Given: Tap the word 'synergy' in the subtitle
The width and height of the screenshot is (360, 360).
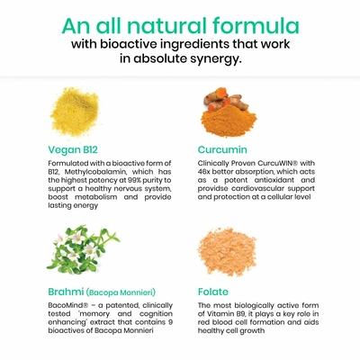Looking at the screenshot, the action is point(215,59).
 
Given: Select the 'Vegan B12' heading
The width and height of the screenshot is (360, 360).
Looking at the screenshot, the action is point(73,149).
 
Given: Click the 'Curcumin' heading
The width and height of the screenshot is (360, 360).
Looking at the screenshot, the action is point(222,149).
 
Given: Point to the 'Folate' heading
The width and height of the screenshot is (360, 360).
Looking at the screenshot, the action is point(213,292).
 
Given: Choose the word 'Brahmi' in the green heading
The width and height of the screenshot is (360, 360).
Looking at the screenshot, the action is point(66,292).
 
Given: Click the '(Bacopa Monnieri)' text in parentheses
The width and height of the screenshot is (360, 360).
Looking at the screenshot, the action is point(121,292).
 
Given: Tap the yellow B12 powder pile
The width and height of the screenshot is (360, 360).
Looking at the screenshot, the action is point(75,111).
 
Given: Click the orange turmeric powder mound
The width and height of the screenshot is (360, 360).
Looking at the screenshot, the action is point(229,120).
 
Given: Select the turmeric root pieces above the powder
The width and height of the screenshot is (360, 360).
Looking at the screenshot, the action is point(226,98).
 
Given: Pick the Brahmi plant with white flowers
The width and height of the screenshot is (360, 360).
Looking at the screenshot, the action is point(83,249).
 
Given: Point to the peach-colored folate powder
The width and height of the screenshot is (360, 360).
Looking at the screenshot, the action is point(227,252).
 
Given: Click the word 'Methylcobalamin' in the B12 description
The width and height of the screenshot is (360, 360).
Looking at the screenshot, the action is point(94,172).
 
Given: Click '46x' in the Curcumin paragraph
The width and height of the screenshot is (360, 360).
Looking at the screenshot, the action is point(204,172).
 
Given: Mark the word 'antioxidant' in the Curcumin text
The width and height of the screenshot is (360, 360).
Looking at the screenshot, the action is point(274,180).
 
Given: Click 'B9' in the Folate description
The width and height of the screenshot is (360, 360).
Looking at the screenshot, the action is point(244,314).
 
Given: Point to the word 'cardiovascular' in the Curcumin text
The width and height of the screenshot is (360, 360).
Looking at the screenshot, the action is point(258,188).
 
